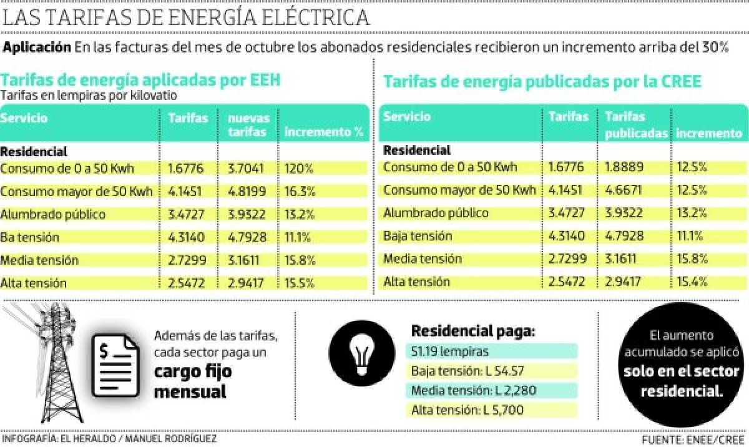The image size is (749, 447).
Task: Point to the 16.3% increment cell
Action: tap(300, 191)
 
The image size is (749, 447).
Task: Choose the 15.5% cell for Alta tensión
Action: tap(300, 283)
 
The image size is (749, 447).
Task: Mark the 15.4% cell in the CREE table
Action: tap(692, 282)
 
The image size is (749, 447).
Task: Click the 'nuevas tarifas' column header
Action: tap(248, 125)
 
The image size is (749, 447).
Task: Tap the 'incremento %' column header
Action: tap(323, 132)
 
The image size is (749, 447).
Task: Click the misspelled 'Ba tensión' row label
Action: tap(30, 237)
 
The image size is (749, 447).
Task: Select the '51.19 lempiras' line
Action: tap(449, 351)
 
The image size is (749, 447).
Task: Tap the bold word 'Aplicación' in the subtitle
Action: tap(37, 47)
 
